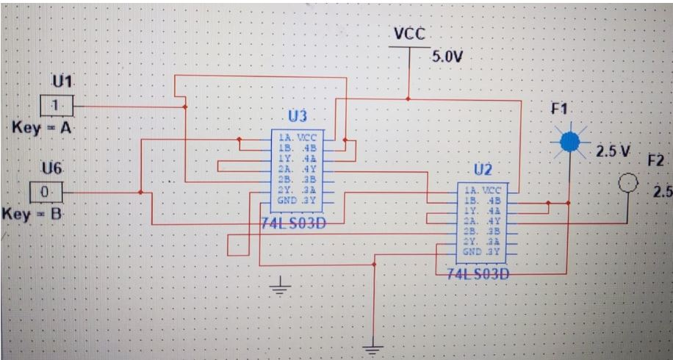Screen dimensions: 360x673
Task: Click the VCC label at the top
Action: coord(409,34)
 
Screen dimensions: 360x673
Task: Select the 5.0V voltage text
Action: coord(445,57)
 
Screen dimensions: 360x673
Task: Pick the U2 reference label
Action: coord(481,170)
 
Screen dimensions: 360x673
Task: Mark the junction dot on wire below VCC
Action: coord(409,98)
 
